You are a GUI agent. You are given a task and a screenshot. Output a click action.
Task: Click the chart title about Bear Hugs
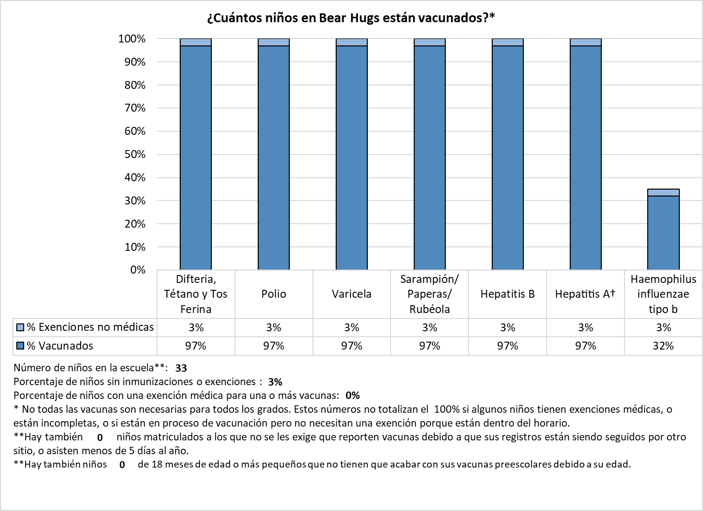pyautogui.click(x=351, y=18)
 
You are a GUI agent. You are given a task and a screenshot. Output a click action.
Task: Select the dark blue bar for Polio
pyautogui.click(x=273, y=158)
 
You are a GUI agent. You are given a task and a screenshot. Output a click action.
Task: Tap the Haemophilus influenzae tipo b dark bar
pyautogui.click(x=663, y=233)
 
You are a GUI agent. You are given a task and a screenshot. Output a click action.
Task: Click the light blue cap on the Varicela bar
pyautogui.click(x=351, y=42)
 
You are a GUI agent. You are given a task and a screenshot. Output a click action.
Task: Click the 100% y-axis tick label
pyautogui.click(x=132, y=39)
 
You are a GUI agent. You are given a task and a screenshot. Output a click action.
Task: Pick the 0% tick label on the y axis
pyautogui.click(x=138, y=270)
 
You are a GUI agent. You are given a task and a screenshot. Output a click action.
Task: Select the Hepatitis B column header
pyautogui.click(x=508, y=294)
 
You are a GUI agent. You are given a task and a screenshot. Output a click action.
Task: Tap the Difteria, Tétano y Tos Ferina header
pyautogui.click(x=196, y=294)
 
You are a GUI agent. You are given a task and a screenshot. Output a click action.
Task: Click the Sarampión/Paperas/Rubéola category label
pyautogui.click(x=430, y=294)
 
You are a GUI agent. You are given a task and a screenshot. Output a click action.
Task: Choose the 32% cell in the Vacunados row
pyautogui.click(x=663, y=346)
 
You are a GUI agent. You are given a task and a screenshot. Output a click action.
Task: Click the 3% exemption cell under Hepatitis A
pyautogui.click(x=586, y=327)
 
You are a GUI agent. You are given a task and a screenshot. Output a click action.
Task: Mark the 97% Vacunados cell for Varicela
pyautogui.click(x=351, y=346)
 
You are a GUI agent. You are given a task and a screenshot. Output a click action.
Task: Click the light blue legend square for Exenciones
pyautogui.click(x=20, y=327)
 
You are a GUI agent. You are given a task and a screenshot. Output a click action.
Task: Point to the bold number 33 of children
pyautogui.click(x=181, y=368)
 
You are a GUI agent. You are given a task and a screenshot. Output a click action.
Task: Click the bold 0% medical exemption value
pyautogui.click(x=352, y=395)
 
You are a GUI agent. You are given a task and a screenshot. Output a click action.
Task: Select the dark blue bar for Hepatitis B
pyautogui.click(x=508, y=158)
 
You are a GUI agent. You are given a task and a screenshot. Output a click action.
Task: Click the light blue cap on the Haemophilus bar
pyautogui.click(x=663, y=193)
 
